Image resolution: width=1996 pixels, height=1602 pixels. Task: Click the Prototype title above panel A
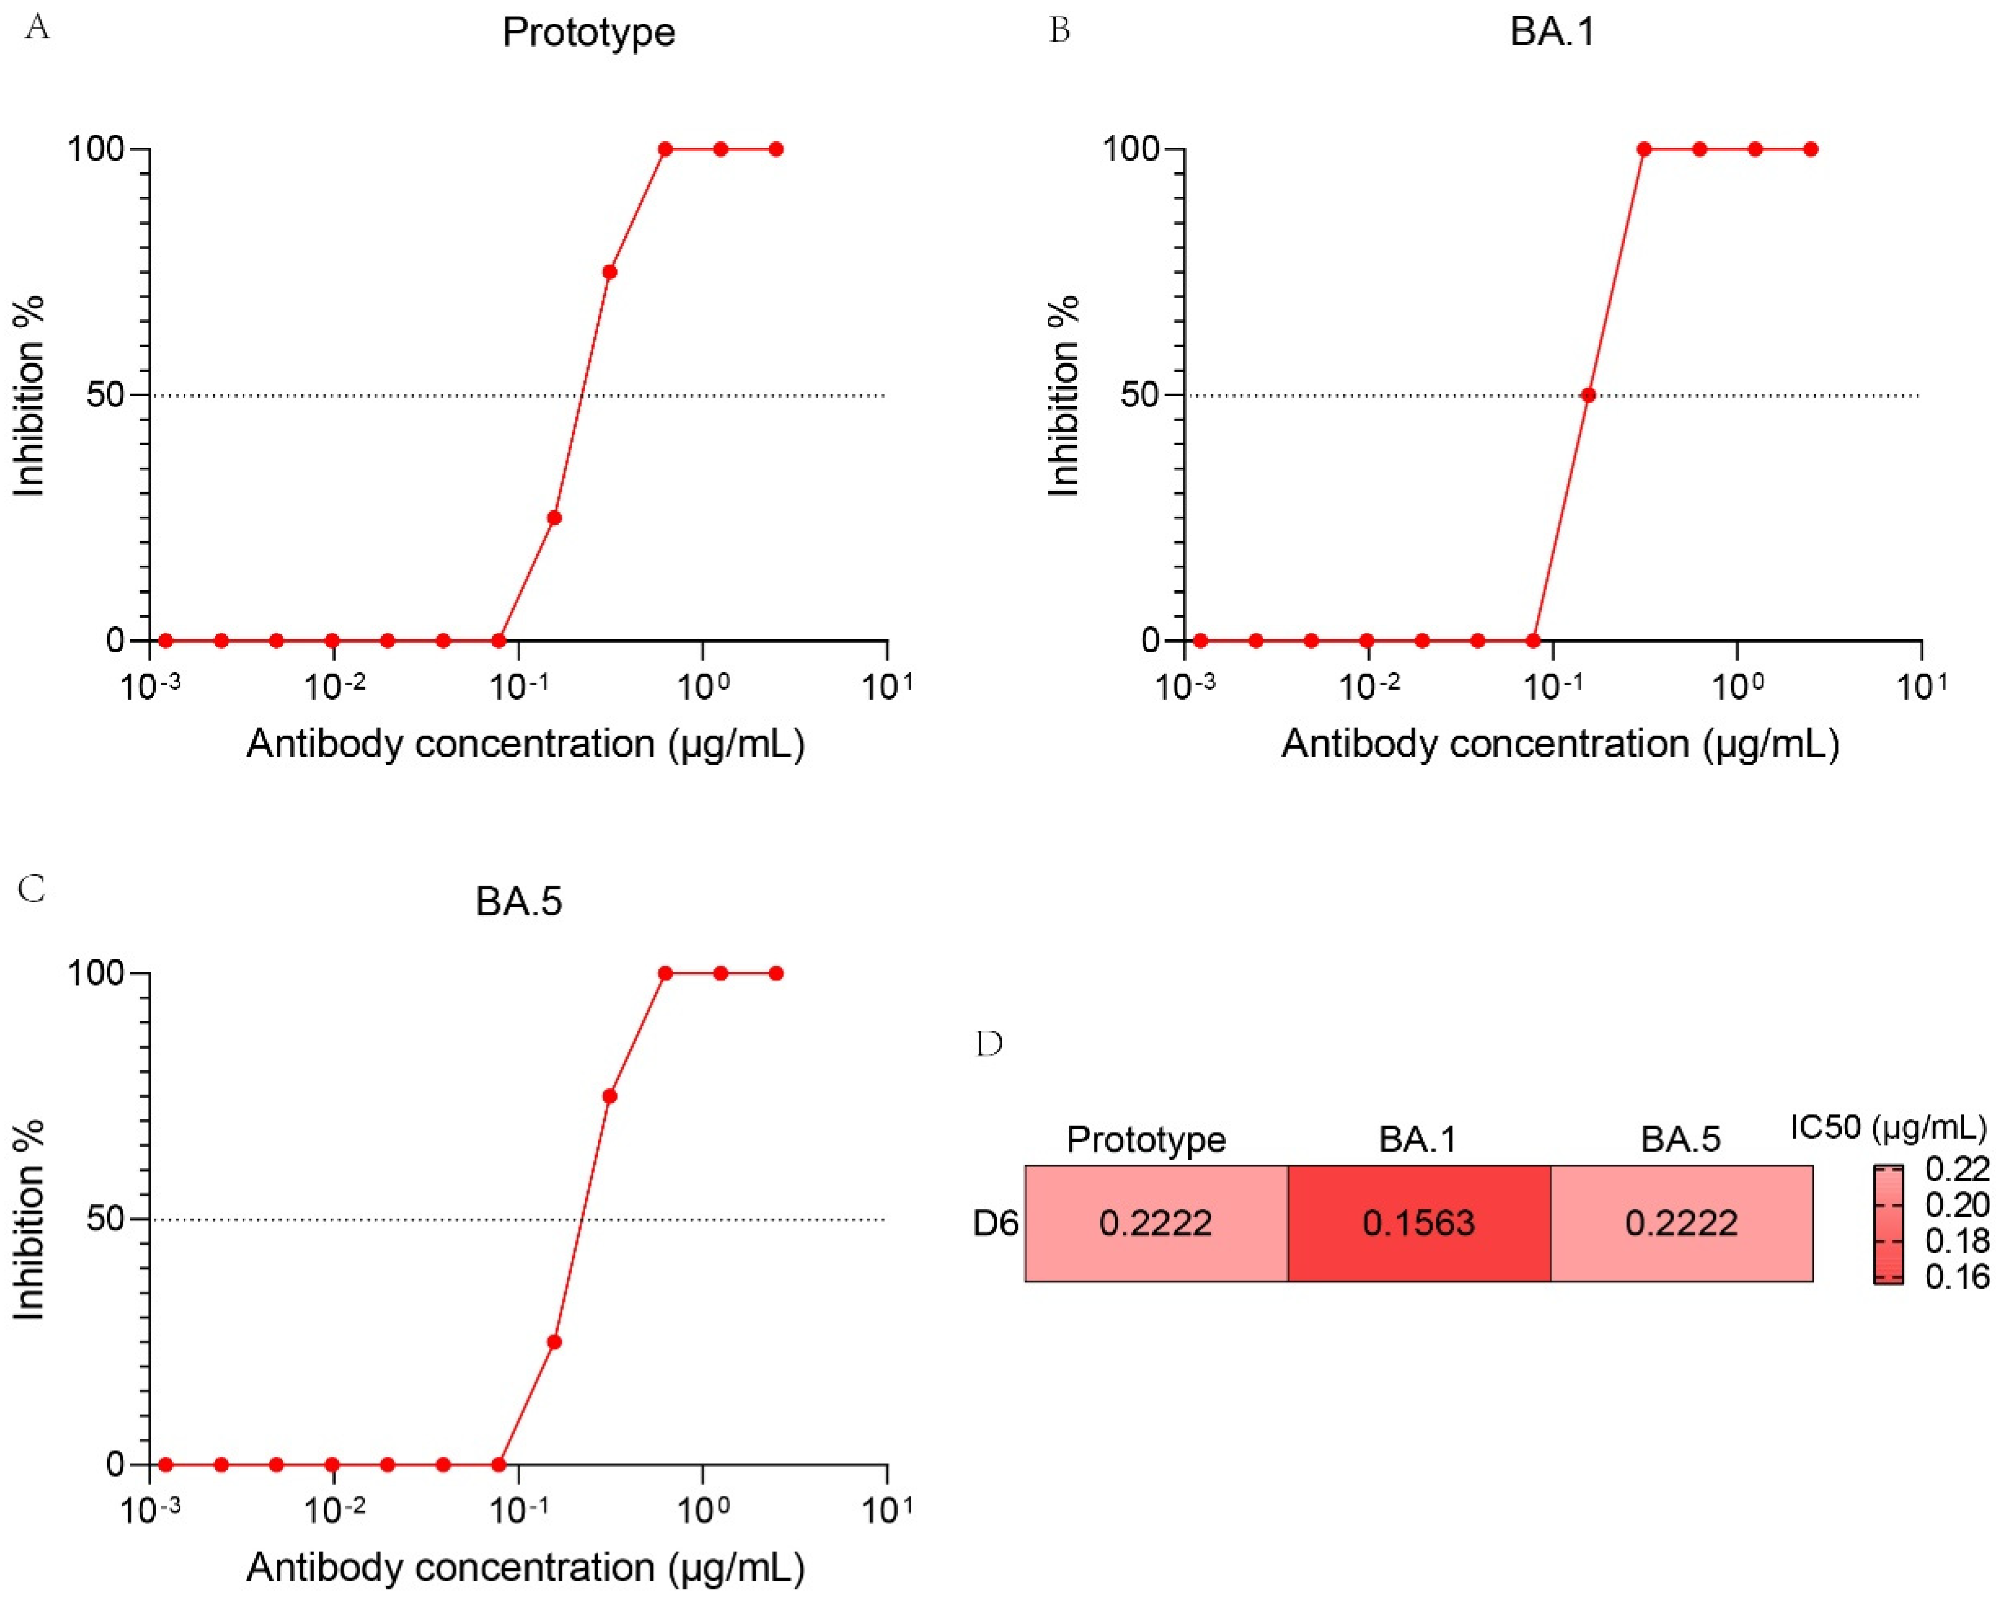coord(588,32)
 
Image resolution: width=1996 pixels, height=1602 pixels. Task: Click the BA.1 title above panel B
coord(1553,32)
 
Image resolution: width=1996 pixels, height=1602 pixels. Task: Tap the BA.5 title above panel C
coord(519,901)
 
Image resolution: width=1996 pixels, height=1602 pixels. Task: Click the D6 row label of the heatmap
coord(996,1224)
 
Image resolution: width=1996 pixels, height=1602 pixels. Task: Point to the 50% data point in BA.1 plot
coord(1588,395)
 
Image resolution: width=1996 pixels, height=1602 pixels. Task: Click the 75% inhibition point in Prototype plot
coord(609,272)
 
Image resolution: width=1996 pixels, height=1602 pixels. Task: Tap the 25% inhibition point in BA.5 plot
coord(554,1342)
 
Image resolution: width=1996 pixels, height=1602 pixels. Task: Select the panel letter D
coord(990,1044)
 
